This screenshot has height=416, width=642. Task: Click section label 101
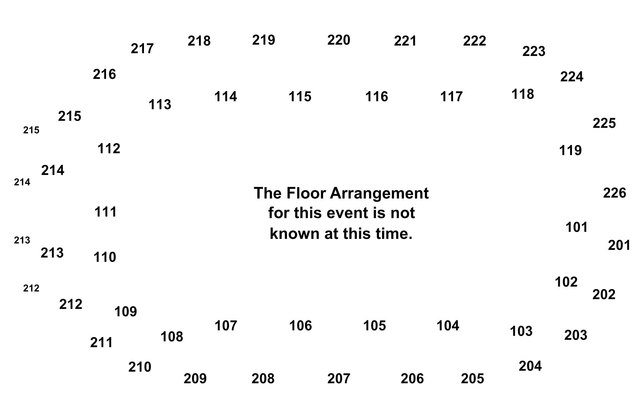click(x=577, y=227)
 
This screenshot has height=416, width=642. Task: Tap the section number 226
click(x=614, y=193)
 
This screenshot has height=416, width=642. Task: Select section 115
click(x=300, y=97)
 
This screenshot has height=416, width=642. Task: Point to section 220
click(x=339, y=40)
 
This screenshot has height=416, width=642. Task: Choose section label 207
click(x=339, y=379)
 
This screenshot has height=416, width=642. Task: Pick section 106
click(x=301, y=326)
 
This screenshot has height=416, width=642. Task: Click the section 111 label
click(x=105, y=212)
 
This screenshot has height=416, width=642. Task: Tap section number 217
click(x=142, y=49)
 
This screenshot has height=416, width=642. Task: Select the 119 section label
click(x=570, y=150)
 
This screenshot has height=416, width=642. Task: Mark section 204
click(x=530, y=366)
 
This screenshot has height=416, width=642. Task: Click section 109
click(x=126, y=312)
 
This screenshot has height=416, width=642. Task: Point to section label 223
click(x=534, y=51)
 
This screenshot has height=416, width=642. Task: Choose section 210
click(x=140, y=367)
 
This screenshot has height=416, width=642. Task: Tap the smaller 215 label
click(x=31, y=130)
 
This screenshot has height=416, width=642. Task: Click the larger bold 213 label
click(x=52, y=253)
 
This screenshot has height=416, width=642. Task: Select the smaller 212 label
click(x=31, y=288)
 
